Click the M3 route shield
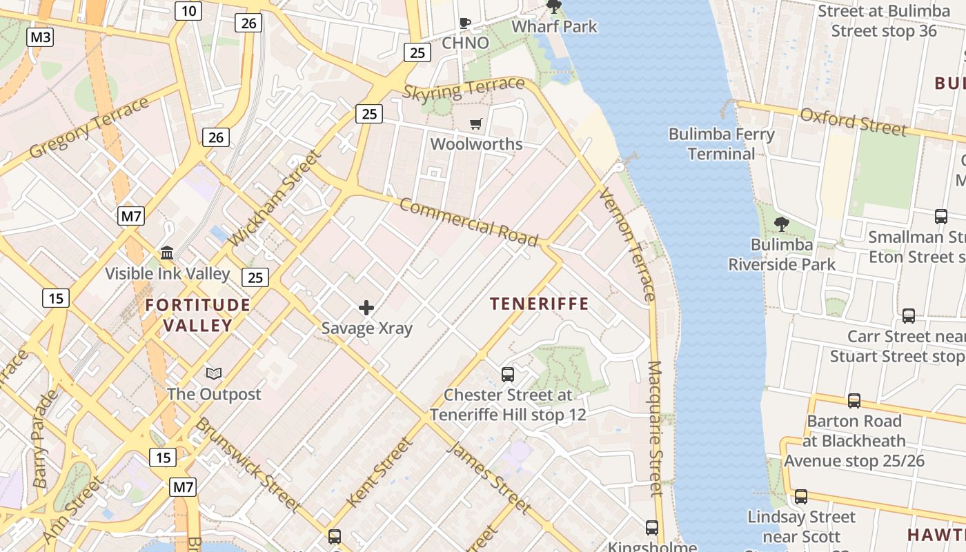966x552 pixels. pyautogui.click(x=40, y=37)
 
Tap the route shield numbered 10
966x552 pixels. pyautogui.click(x=188, y=10)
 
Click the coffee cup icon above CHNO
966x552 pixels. pyautogui.click(x=465, y=23)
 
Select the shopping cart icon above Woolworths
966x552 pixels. pyautogui.click(x=476, y=124)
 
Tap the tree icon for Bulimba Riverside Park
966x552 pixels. pyautogui.click(x=781, y=224)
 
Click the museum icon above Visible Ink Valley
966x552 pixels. pyautogui.click(x=167, y=253)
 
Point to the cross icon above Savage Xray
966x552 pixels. pyautogui.click(x=366, y=308)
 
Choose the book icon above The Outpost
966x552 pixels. pyautogui.click(x=214, y=374)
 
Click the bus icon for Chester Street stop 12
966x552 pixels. pyautogui.click(x=508, y=375)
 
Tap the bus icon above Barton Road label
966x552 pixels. pyautogui.click(x=854, y=401)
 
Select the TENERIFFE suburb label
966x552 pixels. pyautogui.click(x=540, y=304)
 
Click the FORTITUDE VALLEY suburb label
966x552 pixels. pyautogui.click(x=198, y=315)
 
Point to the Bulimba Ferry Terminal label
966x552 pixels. pyautogui.click(x=722, y=144)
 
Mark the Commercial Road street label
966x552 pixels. pyautogui.click(x=468, y=222)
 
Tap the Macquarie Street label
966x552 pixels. pyautogui.click(x=655, y=428)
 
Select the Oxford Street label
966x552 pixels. pyautogui.click(x=853, y=121)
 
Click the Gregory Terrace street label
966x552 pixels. pyautogui.click(x=89, y=128)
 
